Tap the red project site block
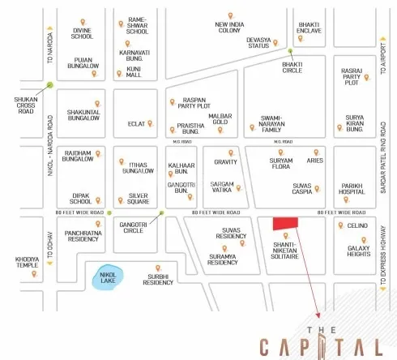coord(284,223)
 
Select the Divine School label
coord(82,36)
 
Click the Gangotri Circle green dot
coord(161,213)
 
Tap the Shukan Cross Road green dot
coord(50,84)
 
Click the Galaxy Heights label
coord(358,252)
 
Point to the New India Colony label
coord(229,28)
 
